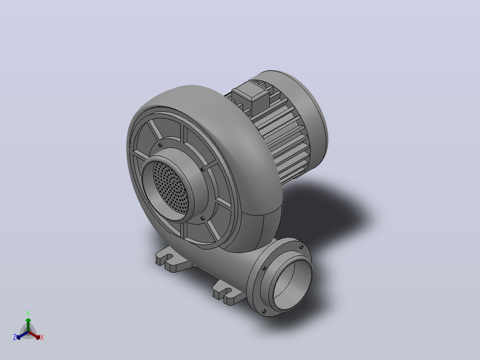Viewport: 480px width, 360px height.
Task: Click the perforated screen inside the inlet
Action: (x=171, y=187)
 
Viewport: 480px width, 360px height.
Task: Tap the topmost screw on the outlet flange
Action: (x=301, y=247)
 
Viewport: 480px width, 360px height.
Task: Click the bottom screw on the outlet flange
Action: (x=264, y=311)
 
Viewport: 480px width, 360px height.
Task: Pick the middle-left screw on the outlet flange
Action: (x=264, y=268)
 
